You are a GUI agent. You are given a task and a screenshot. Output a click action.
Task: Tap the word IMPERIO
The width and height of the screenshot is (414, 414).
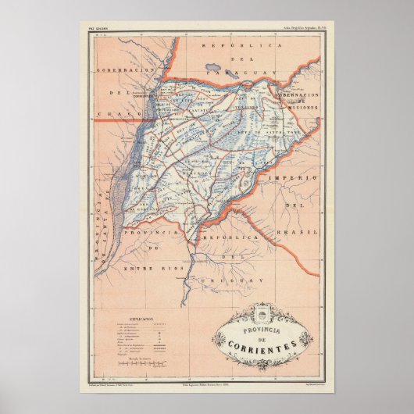coord(292,179)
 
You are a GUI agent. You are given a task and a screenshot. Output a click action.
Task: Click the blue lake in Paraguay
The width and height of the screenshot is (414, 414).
coord(213,68)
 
